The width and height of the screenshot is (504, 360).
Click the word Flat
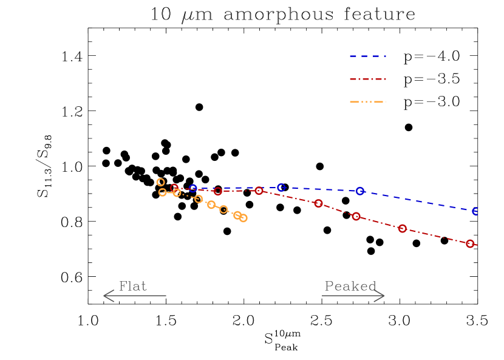[132, 287]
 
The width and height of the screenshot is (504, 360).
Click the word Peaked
[350, 287]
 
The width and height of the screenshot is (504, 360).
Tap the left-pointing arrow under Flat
[134, 296]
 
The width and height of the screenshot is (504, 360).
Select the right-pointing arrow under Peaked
[353, 296]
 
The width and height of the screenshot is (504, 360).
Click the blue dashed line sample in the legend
[368, 56]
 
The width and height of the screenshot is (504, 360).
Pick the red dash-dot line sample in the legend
[368, 79]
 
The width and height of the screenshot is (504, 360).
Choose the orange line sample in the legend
[368, 101]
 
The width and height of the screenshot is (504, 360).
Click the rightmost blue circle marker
[475, 211]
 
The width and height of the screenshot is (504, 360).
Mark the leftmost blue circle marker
[193, 189]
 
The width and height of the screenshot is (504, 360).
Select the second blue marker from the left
[281, 188]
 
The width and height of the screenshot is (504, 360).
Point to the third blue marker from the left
[360, 191]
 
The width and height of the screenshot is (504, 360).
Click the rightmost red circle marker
[470, 243]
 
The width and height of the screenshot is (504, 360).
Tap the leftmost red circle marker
[175, 188]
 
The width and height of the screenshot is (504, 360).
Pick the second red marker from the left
[218, 191]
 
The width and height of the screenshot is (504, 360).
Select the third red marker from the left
[259, 191]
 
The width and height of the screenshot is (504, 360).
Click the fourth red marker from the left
[318, 203]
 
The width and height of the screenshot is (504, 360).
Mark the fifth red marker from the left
[356, 217]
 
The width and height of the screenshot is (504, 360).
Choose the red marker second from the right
[402, 229]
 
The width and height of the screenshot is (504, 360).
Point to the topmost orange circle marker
[160, 182]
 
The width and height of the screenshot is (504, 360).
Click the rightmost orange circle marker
[243, 218]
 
